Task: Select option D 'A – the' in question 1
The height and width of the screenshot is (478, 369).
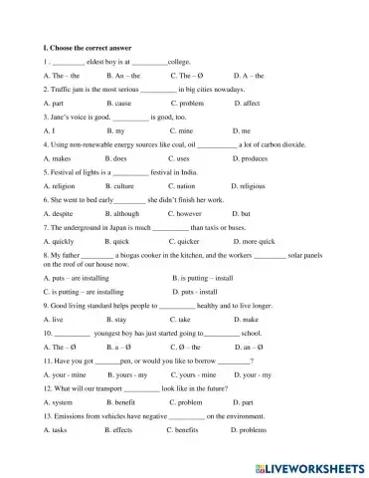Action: tap(248, 75)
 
